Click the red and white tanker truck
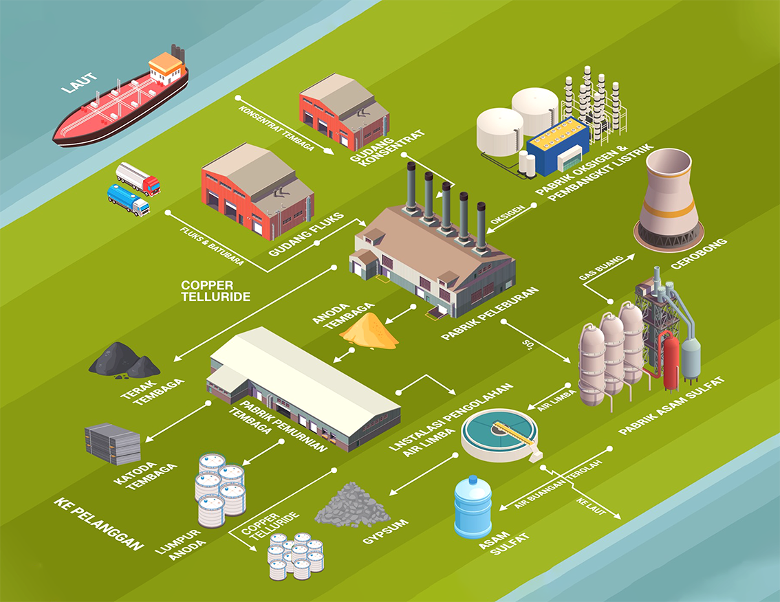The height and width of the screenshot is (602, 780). pos(138,178)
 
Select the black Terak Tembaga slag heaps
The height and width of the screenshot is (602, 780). pos(124,360)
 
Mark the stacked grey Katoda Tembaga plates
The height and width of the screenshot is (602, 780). pos(113,443)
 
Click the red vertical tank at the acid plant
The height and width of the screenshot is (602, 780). pos(671,357)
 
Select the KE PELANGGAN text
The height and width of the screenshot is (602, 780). pos(99,525)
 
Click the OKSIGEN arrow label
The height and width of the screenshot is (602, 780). pos(508,213)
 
